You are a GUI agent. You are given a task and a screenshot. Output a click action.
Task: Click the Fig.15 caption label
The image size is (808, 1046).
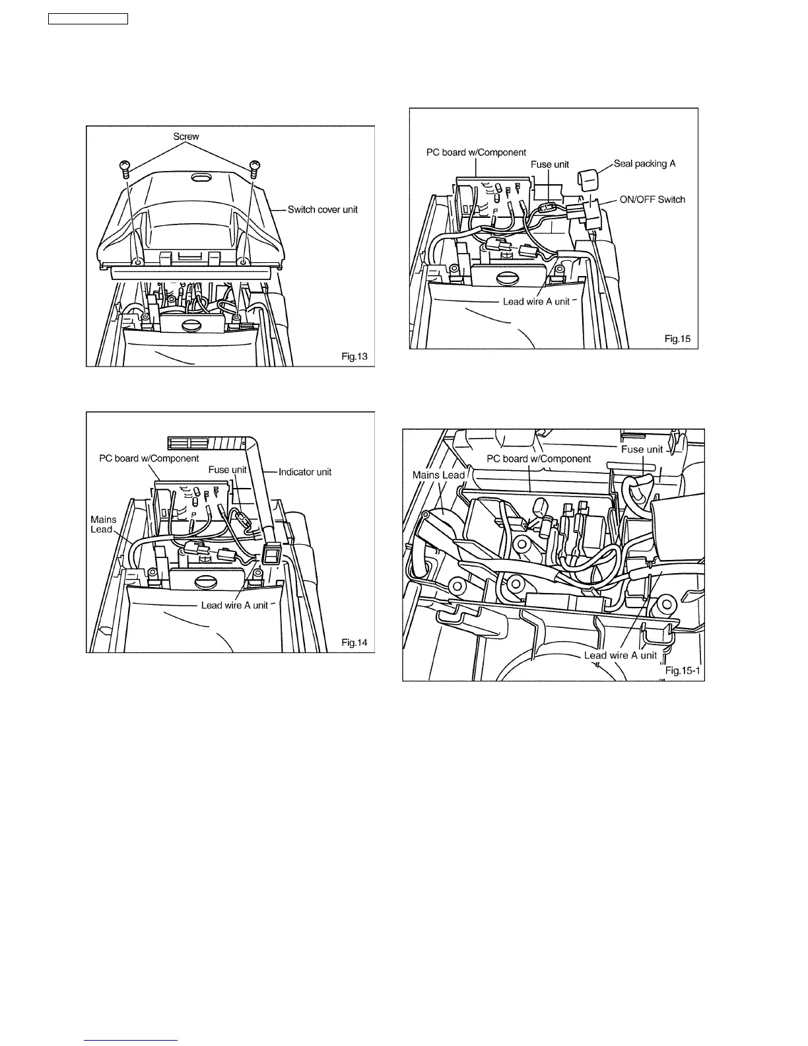tap(677, 339)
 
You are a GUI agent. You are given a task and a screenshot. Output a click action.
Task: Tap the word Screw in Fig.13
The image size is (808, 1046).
tap(186, 137)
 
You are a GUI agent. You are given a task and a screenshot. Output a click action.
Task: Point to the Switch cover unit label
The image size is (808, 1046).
tap(322, 209)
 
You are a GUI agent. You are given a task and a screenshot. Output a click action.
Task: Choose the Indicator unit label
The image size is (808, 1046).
tap(304, 471)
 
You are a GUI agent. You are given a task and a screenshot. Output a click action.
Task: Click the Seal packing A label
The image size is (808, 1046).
tap(644, 163)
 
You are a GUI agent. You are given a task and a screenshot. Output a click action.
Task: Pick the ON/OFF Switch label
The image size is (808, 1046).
tap(652, 199)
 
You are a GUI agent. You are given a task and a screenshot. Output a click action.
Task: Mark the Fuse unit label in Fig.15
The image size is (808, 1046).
tap(550, 164)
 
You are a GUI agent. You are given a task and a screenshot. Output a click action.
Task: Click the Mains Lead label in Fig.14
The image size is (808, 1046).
tap(103, 524)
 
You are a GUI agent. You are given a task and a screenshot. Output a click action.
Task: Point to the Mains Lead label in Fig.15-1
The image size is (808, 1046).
tap(438, 475)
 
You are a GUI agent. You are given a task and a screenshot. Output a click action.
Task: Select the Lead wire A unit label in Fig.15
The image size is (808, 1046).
tap(536, 301)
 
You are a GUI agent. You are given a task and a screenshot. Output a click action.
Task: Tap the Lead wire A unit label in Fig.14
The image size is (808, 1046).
tap(234, 605)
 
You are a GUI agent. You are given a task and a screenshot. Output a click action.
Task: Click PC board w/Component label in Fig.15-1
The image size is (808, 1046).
tap(539, 458)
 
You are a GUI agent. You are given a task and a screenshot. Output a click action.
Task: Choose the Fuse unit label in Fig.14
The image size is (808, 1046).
tap(227, 470)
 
